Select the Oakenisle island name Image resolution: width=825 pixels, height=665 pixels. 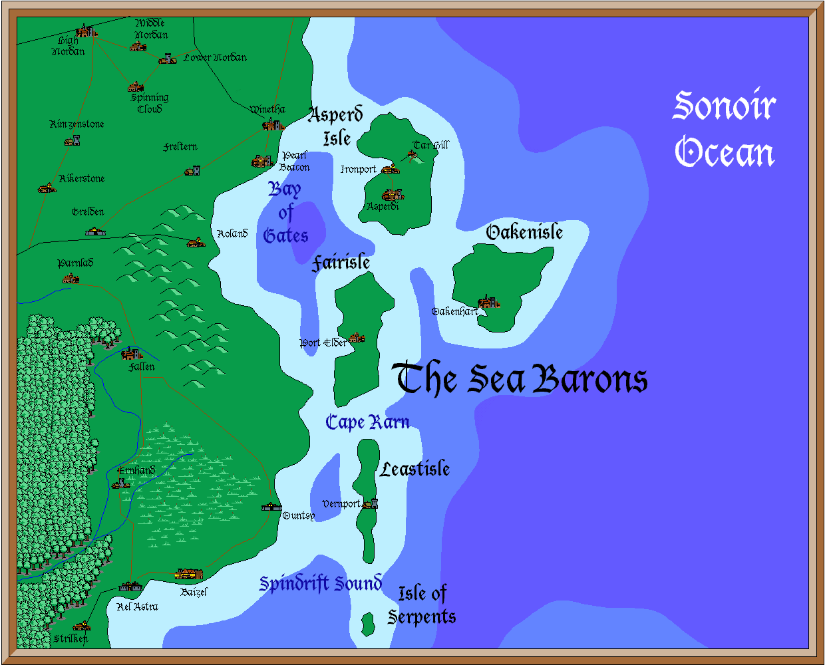(524, 232)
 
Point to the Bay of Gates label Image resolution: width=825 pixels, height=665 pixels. (285, 213)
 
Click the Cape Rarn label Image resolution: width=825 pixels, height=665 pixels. (367, 422)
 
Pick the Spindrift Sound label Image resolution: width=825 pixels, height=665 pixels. (321, 583)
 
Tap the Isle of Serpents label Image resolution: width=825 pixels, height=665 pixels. (422, 604)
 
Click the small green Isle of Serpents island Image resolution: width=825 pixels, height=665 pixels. (367, 623)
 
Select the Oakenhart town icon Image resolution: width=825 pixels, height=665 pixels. (489, 303)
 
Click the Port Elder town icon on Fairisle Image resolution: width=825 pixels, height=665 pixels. (356, 338)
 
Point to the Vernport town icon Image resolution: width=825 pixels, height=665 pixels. (371, 503)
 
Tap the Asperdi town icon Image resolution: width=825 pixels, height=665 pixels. (393, 194)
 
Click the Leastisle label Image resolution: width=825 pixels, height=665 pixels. (415, 469)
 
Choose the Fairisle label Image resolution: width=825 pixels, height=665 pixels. (341, 263)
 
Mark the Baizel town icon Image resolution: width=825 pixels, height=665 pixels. (189, 574)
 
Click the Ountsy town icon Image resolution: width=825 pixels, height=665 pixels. (271, 507)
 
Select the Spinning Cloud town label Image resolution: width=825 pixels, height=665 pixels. (150, 103)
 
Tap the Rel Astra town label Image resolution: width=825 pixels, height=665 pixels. (137, 606)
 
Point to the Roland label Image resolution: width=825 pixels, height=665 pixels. (232, 233)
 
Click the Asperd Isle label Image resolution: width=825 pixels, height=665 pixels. (337, 126)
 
